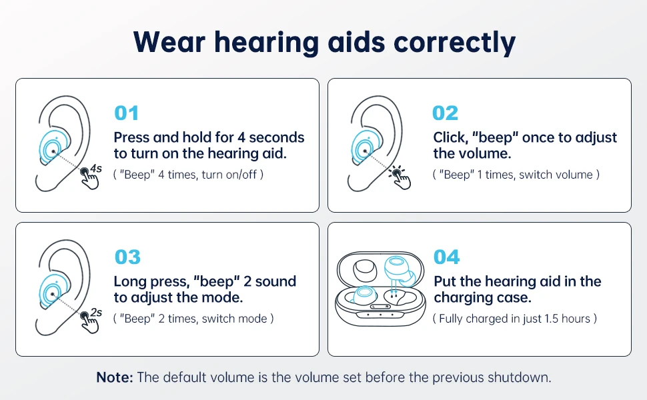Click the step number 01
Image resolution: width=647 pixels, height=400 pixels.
[x=126, y=113]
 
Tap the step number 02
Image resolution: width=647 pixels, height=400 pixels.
[x=445, y=113]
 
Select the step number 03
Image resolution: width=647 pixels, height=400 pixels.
[x=127, y=257]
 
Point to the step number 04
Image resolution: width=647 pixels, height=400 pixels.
[x=446, y=257]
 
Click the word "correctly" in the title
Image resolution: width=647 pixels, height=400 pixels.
[x=454, y=43]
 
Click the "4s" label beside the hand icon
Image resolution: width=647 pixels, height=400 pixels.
[x=96, y=168]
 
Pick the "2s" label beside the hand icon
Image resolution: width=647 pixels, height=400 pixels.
[x=96, y=312]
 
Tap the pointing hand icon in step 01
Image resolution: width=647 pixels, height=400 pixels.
[x=90, y=179]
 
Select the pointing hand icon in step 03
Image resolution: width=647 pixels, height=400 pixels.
[x=90, y=323]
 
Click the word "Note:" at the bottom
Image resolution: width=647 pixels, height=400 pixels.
[x=115, y=377]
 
